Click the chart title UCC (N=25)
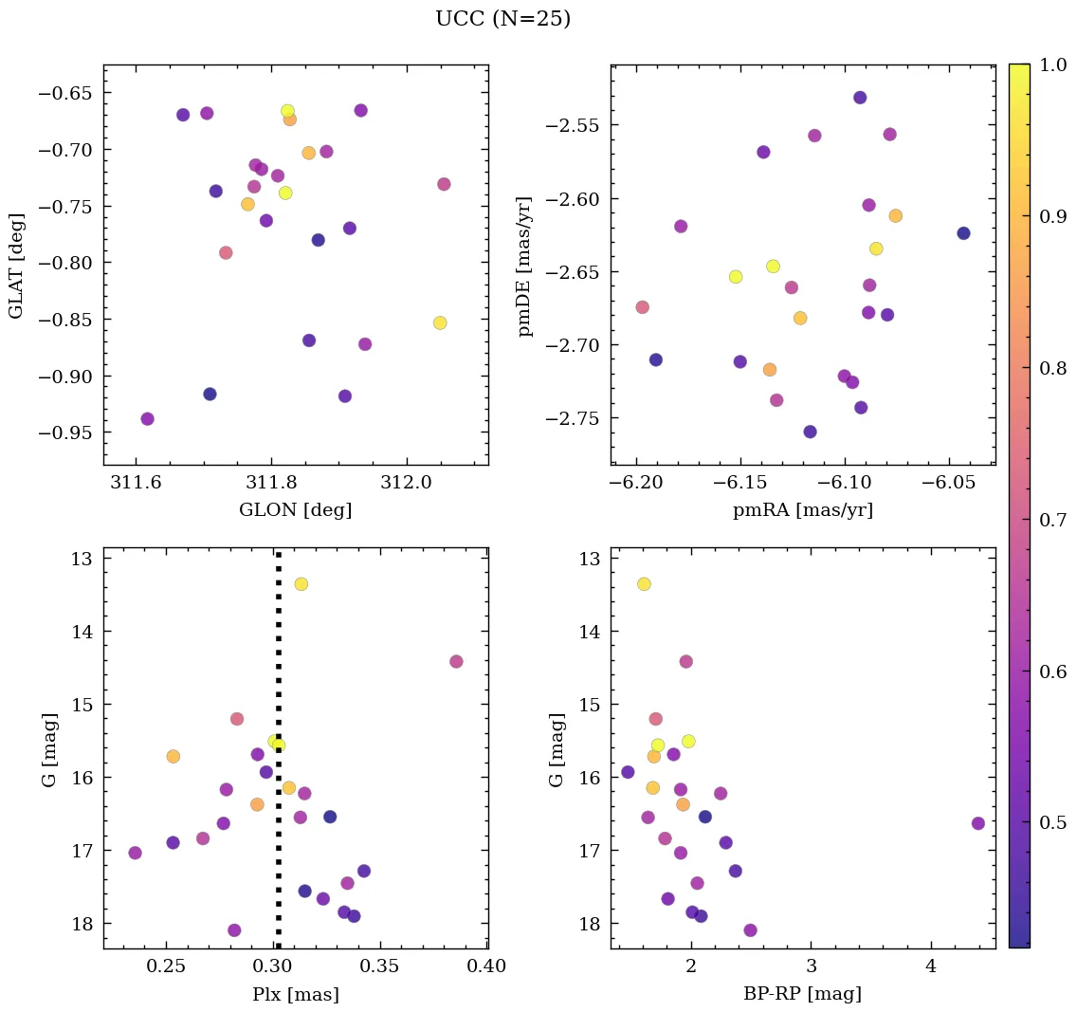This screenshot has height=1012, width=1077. pyautogui.click(x=502, y=19)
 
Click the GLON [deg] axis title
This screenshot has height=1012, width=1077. pyautogui.click(x=295, y=510)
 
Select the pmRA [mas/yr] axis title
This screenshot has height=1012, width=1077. pyautogui.click(x=802, y=510)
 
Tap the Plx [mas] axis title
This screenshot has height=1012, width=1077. pyautogui.click(x=295, y=994)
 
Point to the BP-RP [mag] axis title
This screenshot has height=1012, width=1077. pyautogui.click(x=802, y=994)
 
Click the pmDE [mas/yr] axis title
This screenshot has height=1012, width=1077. pyautogui.click(x=524, y=267)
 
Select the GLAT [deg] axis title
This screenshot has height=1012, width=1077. pyautogui.click(x=16, y=266)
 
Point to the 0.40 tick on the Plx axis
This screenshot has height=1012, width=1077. pyautogui.click(x=485, y=966)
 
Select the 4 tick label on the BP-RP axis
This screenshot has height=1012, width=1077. pyautogui.click(x=931, y=966)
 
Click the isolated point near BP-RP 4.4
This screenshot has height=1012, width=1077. pyautogui.click(x=977, y=823)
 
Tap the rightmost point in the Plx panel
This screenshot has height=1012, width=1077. pyautogui.click(x=456, y=661)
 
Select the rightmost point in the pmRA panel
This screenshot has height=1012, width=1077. pyautogui.click(x=963, y=233)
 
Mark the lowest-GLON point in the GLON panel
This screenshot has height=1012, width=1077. pyautogui.click(x=147, y=419)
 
